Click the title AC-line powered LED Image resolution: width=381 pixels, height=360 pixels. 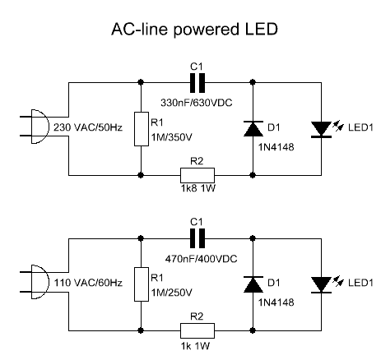click(194, 30)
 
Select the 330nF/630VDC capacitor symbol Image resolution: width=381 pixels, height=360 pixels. click(197, 82)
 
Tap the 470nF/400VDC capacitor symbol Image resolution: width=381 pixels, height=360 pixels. click(197, 238)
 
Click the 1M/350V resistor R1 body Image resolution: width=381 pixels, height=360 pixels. click(142, 129)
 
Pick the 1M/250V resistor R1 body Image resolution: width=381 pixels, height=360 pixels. click(142, 284)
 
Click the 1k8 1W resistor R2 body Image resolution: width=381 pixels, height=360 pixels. click(197, 175)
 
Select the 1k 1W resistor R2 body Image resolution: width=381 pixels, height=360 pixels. click(197, 330)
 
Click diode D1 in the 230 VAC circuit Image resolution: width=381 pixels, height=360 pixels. click(253, 128)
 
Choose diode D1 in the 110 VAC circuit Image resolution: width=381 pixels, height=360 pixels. click(253, 284)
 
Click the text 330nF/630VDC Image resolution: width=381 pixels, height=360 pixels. click(197, 103)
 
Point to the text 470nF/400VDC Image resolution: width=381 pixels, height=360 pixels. click(201, 259)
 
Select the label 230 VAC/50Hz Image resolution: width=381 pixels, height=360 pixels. click(88, 127)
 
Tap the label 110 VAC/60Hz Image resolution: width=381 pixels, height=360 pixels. click(88, 283)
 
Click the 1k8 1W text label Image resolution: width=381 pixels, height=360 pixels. click(198, 188)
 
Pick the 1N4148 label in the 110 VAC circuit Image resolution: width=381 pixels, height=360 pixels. click(276, 302)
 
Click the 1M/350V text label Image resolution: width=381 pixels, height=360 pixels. click(172, 137)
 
